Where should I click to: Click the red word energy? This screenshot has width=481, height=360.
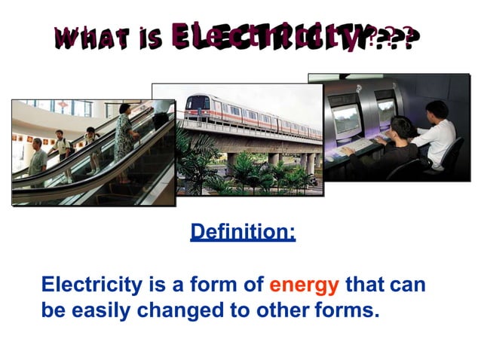(305, 285)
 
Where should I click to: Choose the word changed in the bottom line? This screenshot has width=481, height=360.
(188, 310)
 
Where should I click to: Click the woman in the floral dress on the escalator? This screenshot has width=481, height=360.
(124, 136)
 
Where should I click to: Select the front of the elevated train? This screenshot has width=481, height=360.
(197, 109)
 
